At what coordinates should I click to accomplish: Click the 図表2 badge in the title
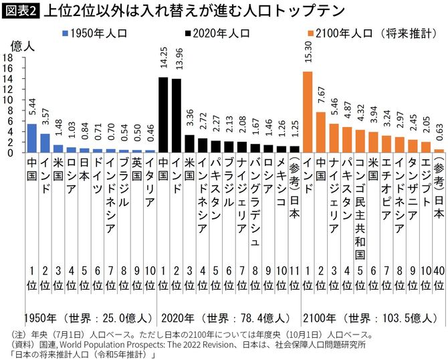[21, 11]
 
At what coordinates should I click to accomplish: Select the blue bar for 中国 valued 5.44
[31, 138]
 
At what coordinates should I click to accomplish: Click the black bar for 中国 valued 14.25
[162, 114]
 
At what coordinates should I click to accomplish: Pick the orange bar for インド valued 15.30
[308, 112]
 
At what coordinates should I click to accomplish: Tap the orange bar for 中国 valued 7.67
[321, 132]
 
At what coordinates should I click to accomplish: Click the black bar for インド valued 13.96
[177, 115]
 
